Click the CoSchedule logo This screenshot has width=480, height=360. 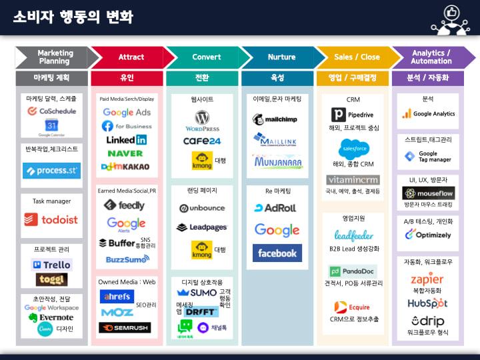coord(51,111)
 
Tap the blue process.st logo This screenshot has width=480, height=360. coord(51,171)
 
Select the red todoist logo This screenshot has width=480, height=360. coord(51,219)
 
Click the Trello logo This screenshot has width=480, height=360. coord(51,264)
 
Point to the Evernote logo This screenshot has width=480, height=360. coord(51,317)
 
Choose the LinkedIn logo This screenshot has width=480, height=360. coord(126,140)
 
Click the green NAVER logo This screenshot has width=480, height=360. coord(125,153)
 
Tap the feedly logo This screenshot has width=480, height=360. coord(125,205)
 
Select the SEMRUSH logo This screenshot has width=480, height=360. coord(125,327)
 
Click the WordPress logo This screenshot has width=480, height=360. coord(202,122)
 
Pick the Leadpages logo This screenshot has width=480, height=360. coord(202,227)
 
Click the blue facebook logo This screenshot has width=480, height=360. coord(277,253)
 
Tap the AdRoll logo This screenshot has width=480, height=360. coord(276,208)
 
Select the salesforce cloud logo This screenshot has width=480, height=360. coord(353,148)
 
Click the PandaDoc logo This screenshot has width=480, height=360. coord(353,271)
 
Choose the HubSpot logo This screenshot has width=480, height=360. coord(427,303)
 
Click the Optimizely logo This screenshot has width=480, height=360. coord(427,235)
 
